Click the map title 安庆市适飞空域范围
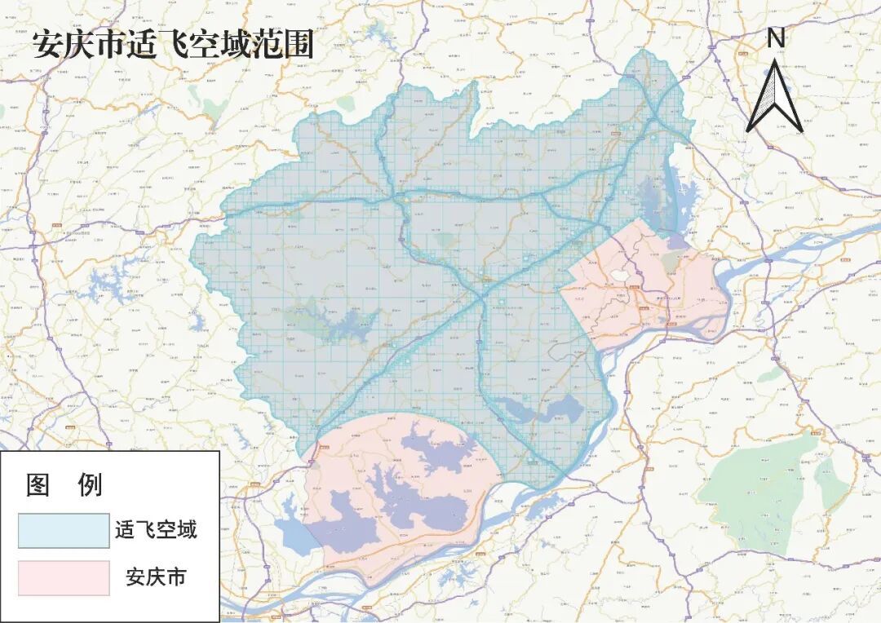(x=173, y=45)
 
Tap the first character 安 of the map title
(x=46, y=45)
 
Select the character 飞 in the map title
(x=172, y=45)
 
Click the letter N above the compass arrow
(x=776, y=38)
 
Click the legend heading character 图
(x=39, y=486)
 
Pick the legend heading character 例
(x=89, y=486)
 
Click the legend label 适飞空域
(x=156, y=531)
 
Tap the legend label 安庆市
(x=156, y=577)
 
